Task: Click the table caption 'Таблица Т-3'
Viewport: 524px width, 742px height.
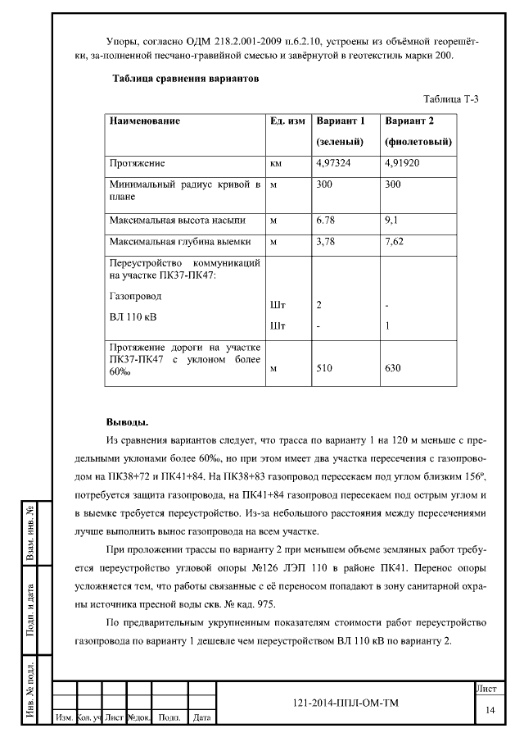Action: [x=450, y=99]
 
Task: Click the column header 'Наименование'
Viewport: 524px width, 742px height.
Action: [x=145, y=121]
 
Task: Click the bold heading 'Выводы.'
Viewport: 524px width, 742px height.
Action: [x=127, y=422]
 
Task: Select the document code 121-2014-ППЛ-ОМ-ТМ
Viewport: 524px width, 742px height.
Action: [x=345, y=703]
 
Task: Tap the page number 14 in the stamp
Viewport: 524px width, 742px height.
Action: [x=490, y=709]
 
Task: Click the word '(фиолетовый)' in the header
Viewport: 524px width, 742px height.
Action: [x=418, y=142]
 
